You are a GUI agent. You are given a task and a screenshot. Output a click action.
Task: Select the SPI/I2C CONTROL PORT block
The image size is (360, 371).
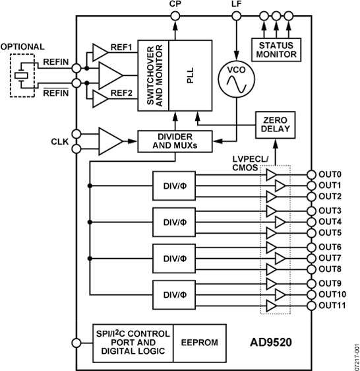tap(132, 343)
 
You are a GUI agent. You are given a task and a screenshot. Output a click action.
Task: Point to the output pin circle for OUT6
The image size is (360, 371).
tap(311, 246)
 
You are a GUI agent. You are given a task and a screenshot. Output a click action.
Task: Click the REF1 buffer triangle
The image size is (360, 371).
tap(100, 51)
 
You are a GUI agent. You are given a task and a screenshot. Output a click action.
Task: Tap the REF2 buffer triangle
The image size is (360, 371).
tap(100, 99)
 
